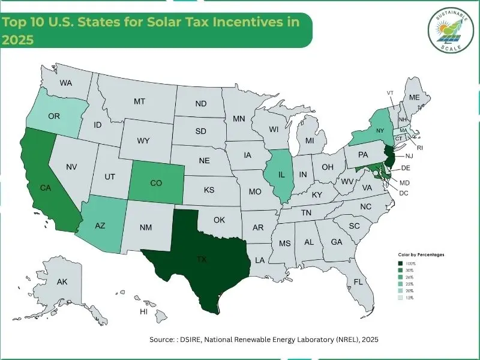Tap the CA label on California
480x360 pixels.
point(45,188)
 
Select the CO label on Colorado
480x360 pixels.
point(155,182)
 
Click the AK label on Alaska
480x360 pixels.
point(62,281)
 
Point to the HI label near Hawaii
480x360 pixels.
point(143,312)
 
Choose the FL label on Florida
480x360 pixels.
point(358,281)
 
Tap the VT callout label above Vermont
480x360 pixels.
point(390,92)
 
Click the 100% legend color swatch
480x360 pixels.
point(400,263)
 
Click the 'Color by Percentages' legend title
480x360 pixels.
point(421,254)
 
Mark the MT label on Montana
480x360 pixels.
point(140,102)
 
